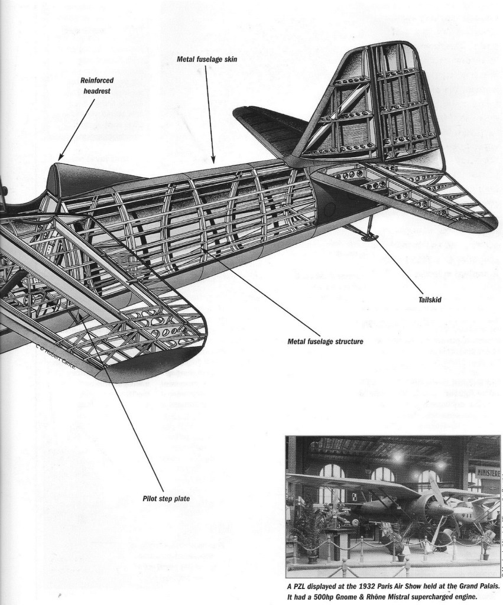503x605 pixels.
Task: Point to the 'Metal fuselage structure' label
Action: [x=324, y=341]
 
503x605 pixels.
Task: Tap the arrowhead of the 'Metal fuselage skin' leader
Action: [x=215, y=160]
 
